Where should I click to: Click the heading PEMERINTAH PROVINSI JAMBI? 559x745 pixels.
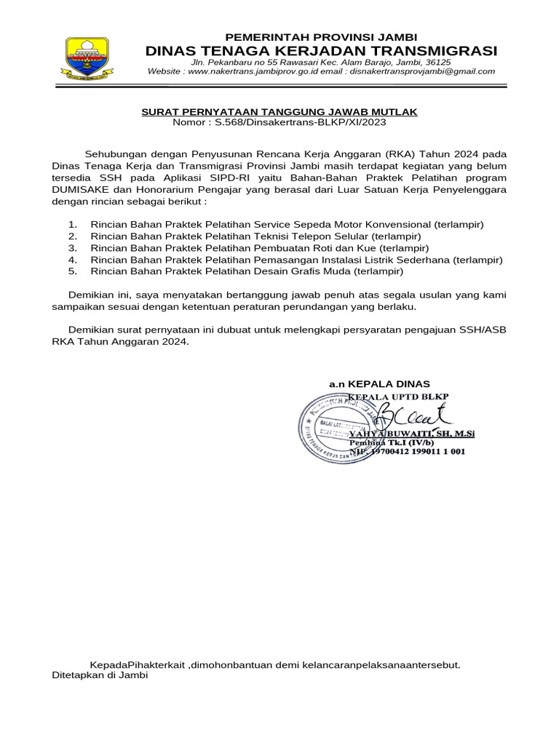(321, 37)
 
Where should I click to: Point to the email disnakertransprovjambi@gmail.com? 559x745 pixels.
(422, 71)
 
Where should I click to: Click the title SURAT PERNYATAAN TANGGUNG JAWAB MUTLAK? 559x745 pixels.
(279, 111)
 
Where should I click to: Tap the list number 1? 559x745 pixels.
(71, 225)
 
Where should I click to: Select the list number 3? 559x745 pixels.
(71, 248)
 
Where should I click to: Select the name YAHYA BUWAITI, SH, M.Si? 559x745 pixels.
(412, 434)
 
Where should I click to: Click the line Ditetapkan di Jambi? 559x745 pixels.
(100, 674)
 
